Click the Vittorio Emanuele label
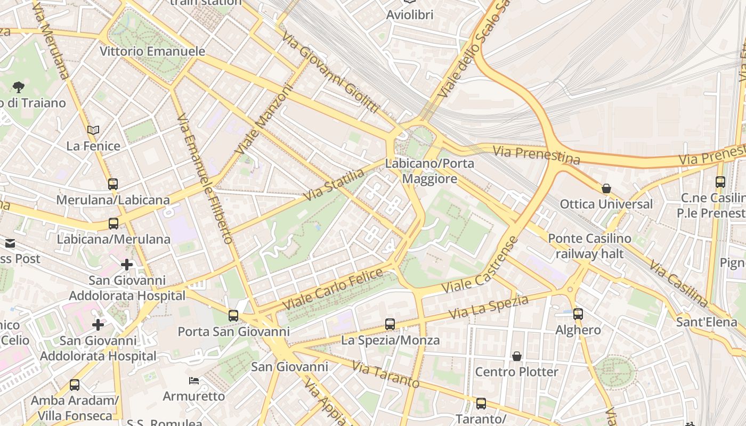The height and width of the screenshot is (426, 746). (x=153, y=52)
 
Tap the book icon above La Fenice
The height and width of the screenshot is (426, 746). (x=93, y=130)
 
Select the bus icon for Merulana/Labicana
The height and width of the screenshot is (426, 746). (x=113, y=184)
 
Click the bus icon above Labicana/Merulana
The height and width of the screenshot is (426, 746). (x=113, y=224)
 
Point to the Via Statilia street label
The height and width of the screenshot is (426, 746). (x=334, y=185)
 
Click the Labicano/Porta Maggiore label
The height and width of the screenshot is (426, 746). (x=429, y=171)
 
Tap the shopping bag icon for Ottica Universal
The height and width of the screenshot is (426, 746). (x=606, y=189)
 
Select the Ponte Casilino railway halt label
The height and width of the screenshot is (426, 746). (x=589, y=246)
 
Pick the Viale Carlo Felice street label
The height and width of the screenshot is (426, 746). (x=333, y=290)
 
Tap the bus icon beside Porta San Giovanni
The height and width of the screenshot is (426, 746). (x=233, y=316)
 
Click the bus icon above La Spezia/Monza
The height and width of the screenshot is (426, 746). (x=390, y=324)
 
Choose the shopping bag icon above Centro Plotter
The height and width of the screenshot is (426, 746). (x=516, y=356)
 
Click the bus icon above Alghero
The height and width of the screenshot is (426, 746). (x=578, y=314)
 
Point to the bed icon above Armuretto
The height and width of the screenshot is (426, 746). (x=194, y=381)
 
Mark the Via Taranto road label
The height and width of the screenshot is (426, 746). (x=386, y=374)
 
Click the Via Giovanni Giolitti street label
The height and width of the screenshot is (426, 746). (x=330, y=73)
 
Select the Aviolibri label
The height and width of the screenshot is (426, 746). (x=410, y=15)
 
